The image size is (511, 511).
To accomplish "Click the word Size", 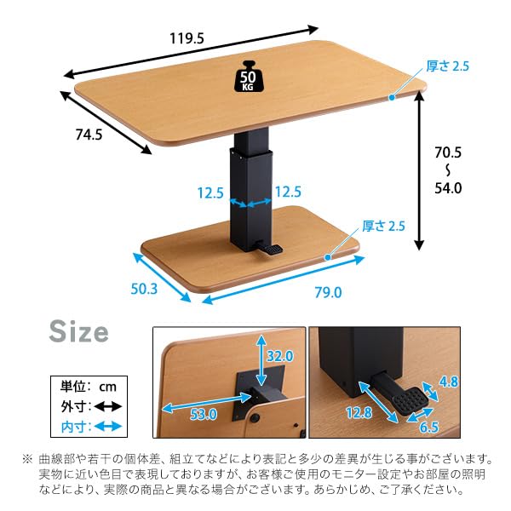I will [78, 331].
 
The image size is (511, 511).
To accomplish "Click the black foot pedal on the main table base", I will [269, 249].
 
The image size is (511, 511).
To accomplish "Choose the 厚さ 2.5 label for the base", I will [383, 226].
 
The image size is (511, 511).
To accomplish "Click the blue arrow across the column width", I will [250, 204].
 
